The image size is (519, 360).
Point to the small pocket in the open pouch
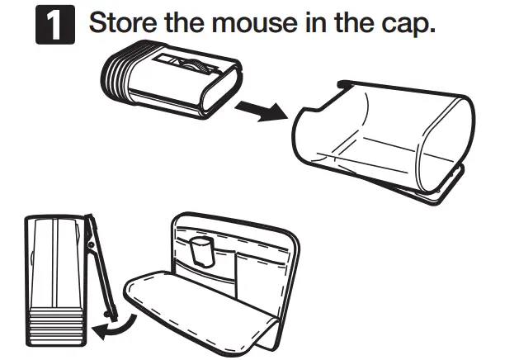(x=199, y=252)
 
